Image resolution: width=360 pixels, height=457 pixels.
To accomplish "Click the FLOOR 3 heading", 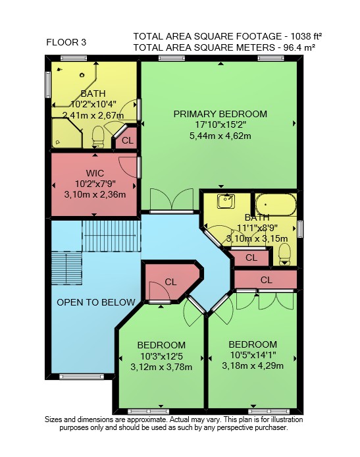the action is (x=66, y=42).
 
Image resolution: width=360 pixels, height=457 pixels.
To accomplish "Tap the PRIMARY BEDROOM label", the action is (x=220, y=114).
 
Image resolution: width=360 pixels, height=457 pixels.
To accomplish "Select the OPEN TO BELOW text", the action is (x=96, y=302).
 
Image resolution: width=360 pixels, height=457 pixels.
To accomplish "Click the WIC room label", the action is (x=95, y=173).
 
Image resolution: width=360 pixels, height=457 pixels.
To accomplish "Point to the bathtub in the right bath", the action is (x=276, y=205).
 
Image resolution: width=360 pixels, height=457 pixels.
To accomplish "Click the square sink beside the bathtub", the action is (x=226, y=202).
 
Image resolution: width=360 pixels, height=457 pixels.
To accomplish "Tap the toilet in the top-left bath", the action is (x=98, y=137).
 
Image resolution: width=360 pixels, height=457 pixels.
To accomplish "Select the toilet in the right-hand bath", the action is (x=284, y=254).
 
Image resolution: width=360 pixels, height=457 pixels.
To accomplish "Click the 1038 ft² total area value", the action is (x=307, y=36).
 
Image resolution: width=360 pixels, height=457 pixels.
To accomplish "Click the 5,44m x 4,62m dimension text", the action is (x=220, y=136).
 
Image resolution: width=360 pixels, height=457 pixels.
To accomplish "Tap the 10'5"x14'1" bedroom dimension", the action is (x=253, y=355).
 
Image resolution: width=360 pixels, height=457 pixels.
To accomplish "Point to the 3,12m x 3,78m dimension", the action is (x=161, y=367).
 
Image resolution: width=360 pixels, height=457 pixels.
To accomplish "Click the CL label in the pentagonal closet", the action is (x=170, y=282).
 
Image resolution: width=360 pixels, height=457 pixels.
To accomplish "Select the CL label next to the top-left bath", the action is (x=128, y=140).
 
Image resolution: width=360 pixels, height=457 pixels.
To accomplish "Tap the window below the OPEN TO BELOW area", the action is (x=82, y=377).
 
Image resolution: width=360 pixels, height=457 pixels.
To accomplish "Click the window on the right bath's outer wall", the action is (x=299, y=229).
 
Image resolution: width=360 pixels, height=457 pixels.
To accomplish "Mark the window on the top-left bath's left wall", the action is (x=48, y=85).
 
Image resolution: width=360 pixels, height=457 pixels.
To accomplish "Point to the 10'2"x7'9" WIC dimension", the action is (x=95, y=184).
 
